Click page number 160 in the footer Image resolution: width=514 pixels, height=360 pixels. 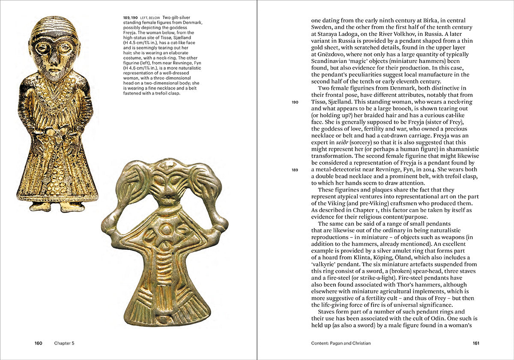[39, 343]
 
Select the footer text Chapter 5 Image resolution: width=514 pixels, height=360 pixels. [64, 343]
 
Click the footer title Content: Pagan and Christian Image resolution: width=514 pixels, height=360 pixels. [341, 343]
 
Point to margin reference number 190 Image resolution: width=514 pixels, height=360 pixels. [295, 102]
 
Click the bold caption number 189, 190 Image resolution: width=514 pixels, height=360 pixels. [131, 17]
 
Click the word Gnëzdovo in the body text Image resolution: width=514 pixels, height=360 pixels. [331, 55]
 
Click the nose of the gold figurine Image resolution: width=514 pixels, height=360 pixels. [53, 57]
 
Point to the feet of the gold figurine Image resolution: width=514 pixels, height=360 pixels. [57, 207]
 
